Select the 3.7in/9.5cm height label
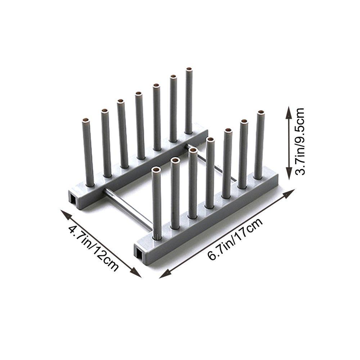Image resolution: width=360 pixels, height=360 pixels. pyautogui.click(x=300, y=141)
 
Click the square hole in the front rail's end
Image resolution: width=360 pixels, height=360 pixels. pyautogui.click(x=139, y=252)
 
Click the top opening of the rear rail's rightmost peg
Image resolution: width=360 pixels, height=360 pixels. pyautogui.click(x=189, y=69)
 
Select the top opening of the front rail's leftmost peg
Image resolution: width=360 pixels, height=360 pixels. pyautogui.click(x=156, y=169)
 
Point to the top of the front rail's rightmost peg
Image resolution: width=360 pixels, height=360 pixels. pyautogui.click(x=261, y=113)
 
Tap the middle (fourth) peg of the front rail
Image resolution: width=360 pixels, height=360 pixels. pyautogui.click(x=210, y=173)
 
